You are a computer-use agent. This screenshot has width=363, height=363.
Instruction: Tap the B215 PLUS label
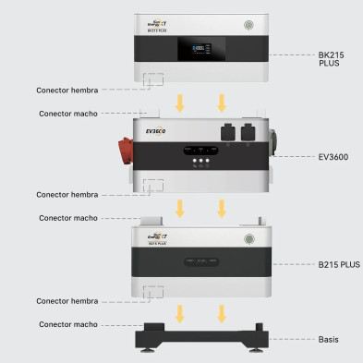(x=333, y=265)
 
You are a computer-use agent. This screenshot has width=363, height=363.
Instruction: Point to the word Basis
(x=328, y=340)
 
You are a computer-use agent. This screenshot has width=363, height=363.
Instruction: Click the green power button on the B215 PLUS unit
(x=248, y=239)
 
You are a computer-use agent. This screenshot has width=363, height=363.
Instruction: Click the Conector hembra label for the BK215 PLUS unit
(x=66, y=90)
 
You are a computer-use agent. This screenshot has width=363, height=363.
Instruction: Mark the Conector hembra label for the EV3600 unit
(x=66, y=195)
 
